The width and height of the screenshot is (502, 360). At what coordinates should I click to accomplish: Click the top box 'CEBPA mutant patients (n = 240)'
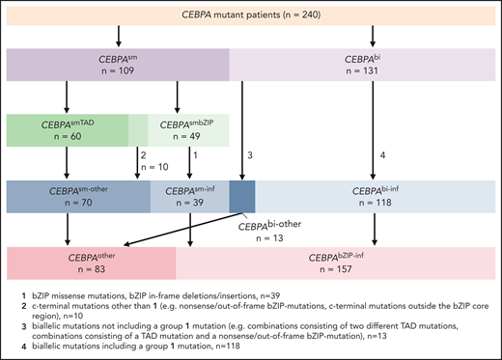(x=251, y=17)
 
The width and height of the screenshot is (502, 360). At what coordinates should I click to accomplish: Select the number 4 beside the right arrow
(x=383, y=154)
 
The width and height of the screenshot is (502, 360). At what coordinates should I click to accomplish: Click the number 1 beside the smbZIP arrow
(x=196, y=154)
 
